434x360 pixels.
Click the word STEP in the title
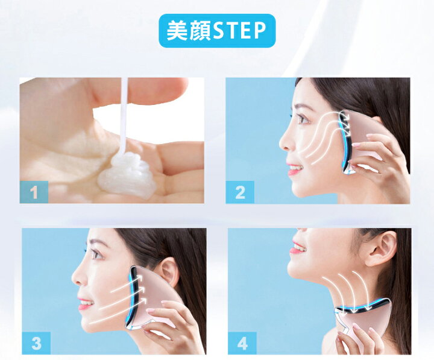(240, 31)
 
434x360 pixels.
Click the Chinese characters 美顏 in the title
(190, 31)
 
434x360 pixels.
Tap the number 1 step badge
(34, 192)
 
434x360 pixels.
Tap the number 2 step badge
(240, 192)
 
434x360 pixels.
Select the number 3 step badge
(36, 343)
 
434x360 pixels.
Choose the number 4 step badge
(242, 343)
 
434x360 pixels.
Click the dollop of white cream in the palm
(125, 175)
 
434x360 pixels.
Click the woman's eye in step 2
(303, 119)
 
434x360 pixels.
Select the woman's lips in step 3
(84, 303)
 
